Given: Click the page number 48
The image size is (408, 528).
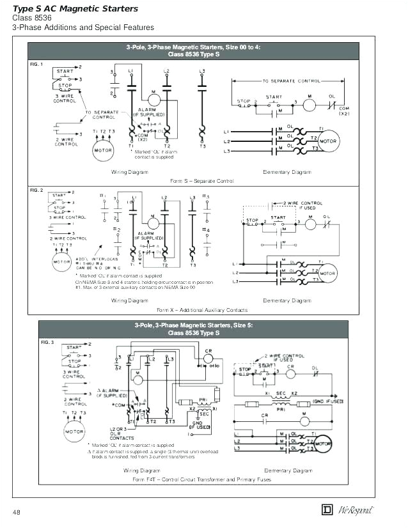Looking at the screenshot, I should point(17,511).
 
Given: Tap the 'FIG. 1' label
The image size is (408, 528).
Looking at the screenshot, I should point(36,65).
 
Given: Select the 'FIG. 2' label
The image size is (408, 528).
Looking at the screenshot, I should point(36,190).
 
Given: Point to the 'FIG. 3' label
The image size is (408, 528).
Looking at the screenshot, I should point(47,342).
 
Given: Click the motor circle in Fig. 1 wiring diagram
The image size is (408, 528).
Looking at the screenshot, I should point(103,151).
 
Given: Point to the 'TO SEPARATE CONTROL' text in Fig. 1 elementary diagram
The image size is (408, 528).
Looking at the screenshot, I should point(291,81).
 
